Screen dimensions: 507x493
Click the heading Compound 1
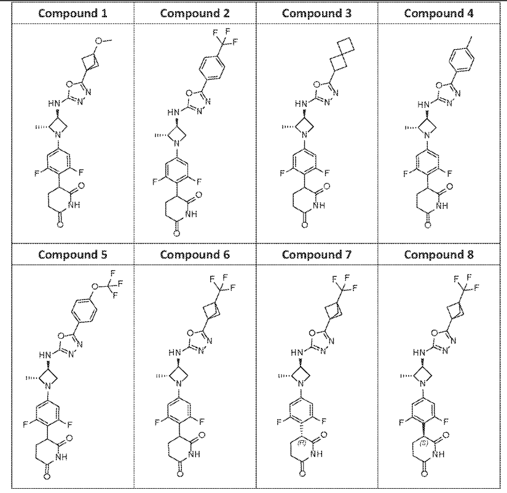point(73,14)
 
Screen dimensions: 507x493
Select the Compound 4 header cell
point(439,14)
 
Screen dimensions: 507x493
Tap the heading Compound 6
point(195,255)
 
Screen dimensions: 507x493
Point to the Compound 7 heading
point(317,255)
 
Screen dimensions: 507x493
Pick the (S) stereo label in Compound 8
point(423,443)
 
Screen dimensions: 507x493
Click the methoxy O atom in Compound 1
point(98,41)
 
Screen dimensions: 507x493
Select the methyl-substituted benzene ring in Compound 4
point(462,59)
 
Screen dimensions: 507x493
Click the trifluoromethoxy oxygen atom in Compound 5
point(95,286)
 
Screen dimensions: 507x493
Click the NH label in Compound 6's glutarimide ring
point(194,454)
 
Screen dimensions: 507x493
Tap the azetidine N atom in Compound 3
point(304,134)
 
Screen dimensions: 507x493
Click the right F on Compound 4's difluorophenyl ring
point(449,174)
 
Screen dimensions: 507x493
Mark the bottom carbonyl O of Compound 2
point(176,233)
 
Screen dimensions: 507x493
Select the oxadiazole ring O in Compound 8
point(434,333)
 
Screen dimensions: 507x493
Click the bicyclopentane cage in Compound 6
point(212,311)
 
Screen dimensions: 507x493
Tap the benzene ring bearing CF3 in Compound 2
point(212,68)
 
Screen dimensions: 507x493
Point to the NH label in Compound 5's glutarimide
point(61,457)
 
